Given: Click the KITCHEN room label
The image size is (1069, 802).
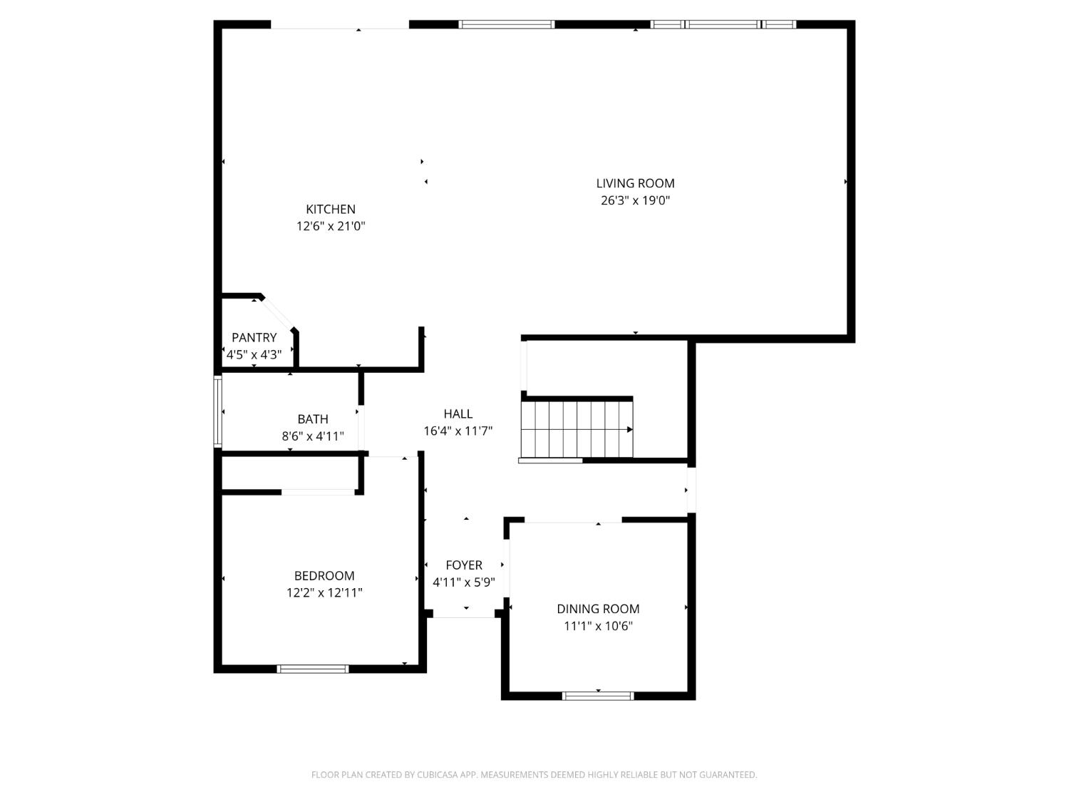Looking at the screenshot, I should (331, 209).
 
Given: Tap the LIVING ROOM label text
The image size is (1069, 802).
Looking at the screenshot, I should (635, 183).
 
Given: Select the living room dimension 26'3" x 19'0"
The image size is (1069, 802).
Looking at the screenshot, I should (635, 200).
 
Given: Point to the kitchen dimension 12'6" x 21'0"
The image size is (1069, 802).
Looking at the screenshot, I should (331, 226).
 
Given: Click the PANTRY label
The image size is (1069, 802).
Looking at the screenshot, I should (254, 337).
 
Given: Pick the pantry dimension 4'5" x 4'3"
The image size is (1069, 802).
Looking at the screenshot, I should (254, 354).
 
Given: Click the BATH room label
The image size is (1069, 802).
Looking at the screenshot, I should (313, 419).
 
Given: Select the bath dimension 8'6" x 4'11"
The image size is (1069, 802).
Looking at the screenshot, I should (313, 436).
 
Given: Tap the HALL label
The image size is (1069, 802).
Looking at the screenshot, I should (458, 413).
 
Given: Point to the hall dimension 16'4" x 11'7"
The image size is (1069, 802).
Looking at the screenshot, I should (458, 431).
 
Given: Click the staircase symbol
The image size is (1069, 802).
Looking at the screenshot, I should (577, 429).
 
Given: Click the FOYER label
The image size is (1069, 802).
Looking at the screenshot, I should (464, 565).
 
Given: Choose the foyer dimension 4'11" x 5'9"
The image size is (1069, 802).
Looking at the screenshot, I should (464, 582).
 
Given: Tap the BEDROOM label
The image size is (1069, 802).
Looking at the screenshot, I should (324, 575).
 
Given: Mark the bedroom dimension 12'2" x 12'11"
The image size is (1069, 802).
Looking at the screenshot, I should (324, 592).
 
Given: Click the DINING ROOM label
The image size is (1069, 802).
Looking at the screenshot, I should (598, 609).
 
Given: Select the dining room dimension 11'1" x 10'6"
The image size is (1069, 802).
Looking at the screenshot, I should (598, 626).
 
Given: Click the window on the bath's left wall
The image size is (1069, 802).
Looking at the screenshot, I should (218, 412).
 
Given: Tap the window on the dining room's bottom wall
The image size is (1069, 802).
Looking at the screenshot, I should (598, 696).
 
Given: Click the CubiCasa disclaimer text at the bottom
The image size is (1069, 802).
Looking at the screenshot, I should (534, 775).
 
